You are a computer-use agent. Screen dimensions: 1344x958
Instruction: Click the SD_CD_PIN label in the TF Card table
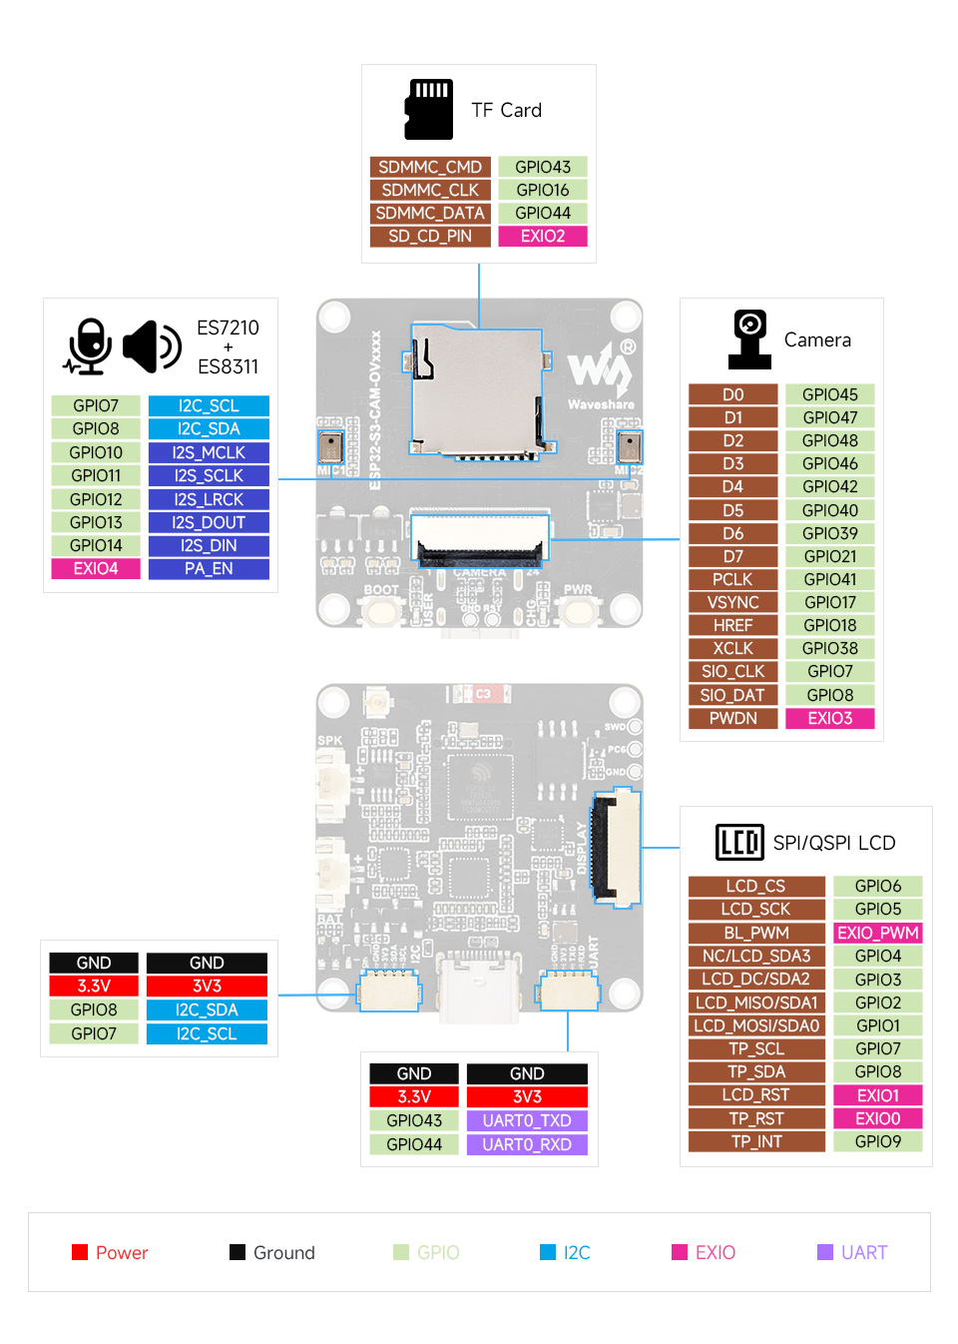430,236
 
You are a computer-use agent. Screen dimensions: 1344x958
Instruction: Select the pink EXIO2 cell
543,236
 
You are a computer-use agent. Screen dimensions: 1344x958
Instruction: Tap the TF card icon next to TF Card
429,109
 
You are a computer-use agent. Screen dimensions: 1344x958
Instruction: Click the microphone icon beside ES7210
89,346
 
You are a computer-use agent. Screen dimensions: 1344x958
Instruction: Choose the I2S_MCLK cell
209,452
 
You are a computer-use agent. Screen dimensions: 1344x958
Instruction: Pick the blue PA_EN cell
209,568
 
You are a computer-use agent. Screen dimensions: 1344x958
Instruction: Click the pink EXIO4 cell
96,568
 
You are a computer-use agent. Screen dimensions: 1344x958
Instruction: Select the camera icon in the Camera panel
749,339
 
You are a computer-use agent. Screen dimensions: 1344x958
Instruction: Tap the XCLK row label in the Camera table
732,648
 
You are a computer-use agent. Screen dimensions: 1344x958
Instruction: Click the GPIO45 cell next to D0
829,394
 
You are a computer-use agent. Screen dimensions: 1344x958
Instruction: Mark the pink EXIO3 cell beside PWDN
829,718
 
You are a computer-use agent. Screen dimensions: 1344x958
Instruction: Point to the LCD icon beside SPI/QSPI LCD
739,842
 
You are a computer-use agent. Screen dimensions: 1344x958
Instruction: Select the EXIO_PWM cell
877,933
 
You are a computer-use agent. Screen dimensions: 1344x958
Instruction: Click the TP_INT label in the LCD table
756,1141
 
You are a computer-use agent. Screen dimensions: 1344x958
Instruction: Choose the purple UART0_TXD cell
527,1120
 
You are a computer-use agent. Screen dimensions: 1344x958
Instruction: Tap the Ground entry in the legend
272,1252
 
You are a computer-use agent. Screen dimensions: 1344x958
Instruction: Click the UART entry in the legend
852,1252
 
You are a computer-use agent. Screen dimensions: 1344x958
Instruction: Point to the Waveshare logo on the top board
602,374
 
